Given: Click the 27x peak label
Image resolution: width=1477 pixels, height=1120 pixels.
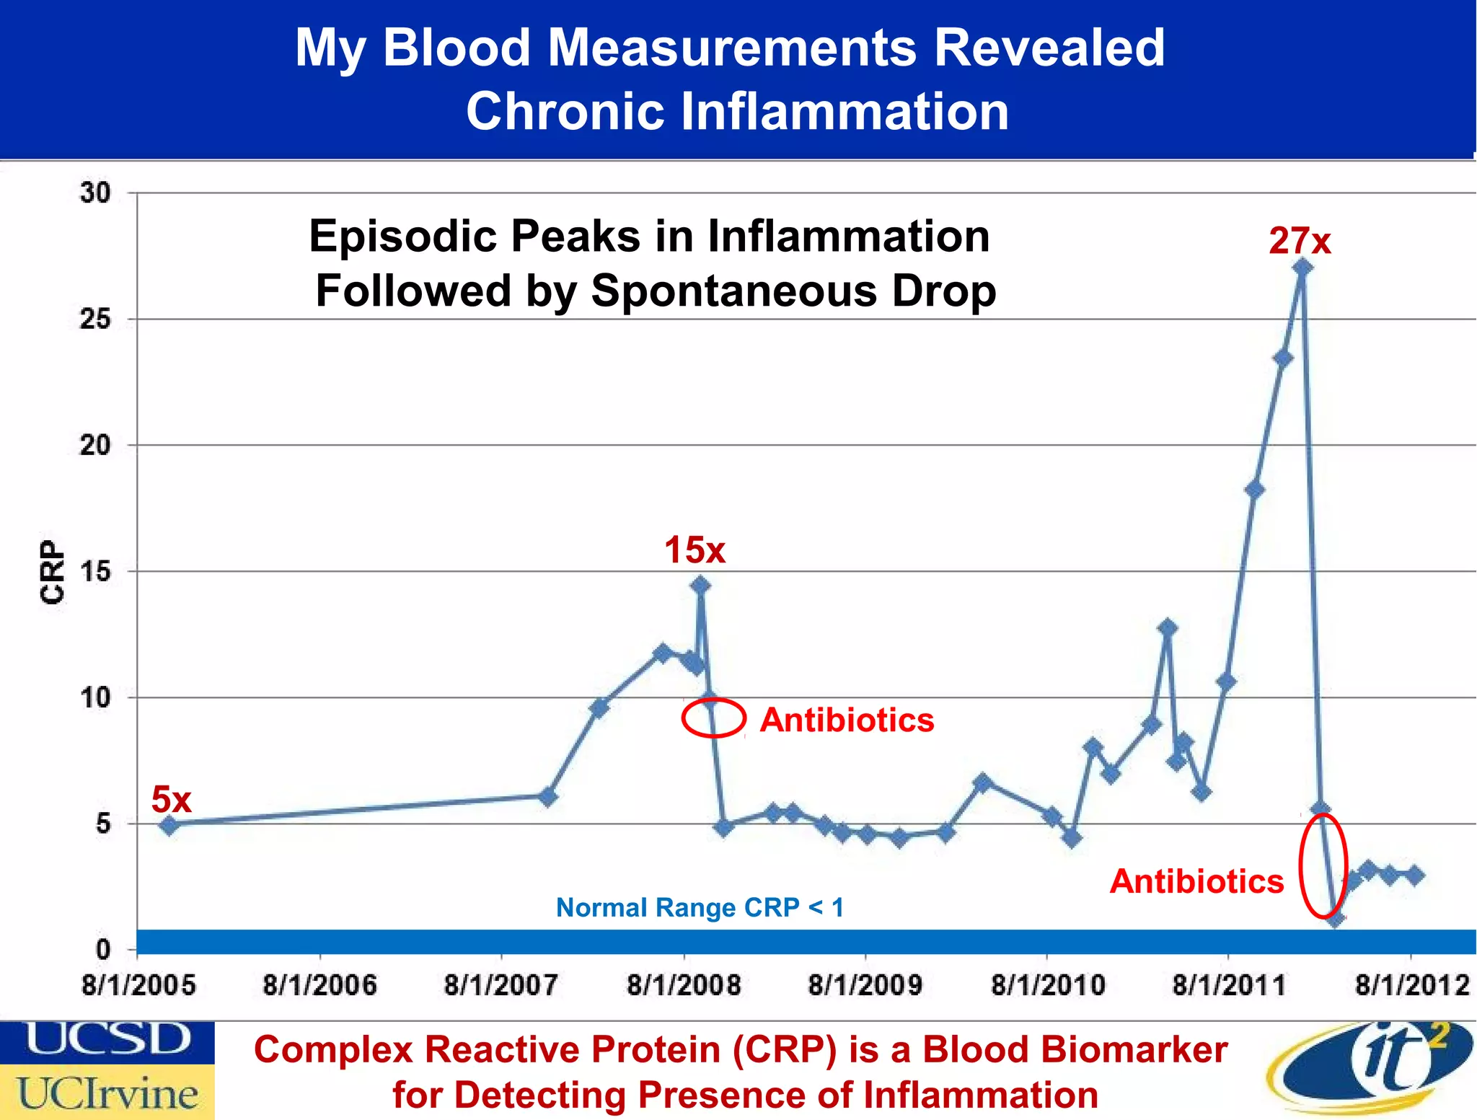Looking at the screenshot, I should (1300, 241).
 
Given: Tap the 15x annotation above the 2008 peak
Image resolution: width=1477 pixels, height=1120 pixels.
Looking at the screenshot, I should (695, 550).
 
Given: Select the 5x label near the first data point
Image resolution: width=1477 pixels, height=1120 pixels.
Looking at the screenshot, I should (171, 800).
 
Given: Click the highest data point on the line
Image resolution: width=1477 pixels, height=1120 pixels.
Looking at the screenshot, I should (1302, 268).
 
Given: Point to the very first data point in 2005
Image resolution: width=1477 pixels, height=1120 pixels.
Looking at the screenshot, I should (169, 825).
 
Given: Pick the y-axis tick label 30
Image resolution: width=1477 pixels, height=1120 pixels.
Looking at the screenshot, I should (96, 193).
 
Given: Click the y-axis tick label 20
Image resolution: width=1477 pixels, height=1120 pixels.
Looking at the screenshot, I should (96, 445).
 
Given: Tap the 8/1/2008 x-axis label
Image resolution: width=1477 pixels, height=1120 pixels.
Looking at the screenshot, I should (684, 985).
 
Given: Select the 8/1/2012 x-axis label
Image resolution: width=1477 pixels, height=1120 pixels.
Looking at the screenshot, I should (1412, 985).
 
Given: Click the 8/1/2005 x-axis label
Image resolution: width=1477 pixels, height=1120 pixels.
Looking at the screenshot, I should (138, 985).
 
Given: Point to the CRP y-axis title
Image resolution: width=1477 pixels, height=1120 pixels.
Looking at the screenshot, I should (52, 571).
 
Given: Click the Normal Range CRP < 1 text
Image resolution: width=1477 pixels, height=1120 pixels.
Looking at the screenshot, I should (700, 907).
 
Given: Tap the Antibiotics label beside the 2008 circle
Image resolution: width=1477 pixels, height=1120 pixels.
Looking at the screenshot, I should (847, 720).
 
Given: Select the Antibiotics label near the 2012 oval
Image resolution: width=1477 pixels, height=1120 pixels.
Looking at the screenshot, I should (1196, 881).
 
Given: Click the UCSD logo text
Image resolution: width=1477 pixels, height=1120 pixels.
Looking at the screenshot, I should (107, 1040).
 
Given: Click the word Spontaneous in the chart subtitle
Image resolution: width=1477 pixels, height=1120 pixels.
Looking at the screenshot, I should (733, 291).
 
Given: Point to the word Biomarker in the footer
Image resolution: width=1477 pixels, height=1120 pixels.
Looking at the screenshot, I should (1075, 1049).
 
